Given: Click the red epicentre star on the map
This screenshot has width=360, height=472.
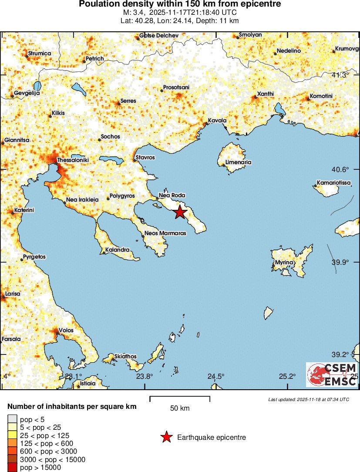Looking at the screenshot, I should pyautogui.click(x=180, y=212).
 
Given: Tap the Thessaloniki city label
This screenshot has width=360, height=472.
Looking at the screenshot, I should pyautogui.click(x=73, y=160).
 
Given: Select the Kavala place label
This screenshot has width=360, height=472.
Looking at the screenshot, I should pyautogui.click(x=217, y=121).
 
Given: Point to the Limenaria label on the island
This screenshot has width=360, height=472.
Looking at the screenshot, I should pyautogui.click(x=239, y=162).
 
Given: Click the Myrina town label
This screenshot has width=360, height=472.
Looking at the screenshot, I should pyautogui.click(x=285, y=263).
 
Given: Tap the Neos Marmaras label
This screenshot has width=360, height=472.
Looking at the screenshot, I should pyautogui.click(x=165, y=233).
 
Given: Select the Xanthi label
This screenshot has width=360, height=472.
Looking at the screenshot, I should pyautogui.click(x=266, y=94).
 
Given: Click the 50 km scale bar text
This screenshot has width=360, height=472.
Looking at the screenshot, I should pyautogui.click(x=180, y=408).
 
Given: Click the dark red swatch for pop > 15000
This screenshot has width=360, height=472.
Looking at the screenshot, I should pyautogui.click(x=12, y=468).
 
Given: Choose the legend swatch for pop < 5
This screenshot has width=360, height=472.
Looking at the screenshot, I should pyautogui.click(x=12, y=419).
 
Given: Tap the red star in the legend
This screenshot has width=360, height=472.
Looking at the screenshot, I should pyautogui.click(x=166, y=438).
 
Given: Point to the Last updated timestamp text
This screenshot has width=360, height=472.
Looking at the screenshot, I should pyautogui.click(x=308, y=399).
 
